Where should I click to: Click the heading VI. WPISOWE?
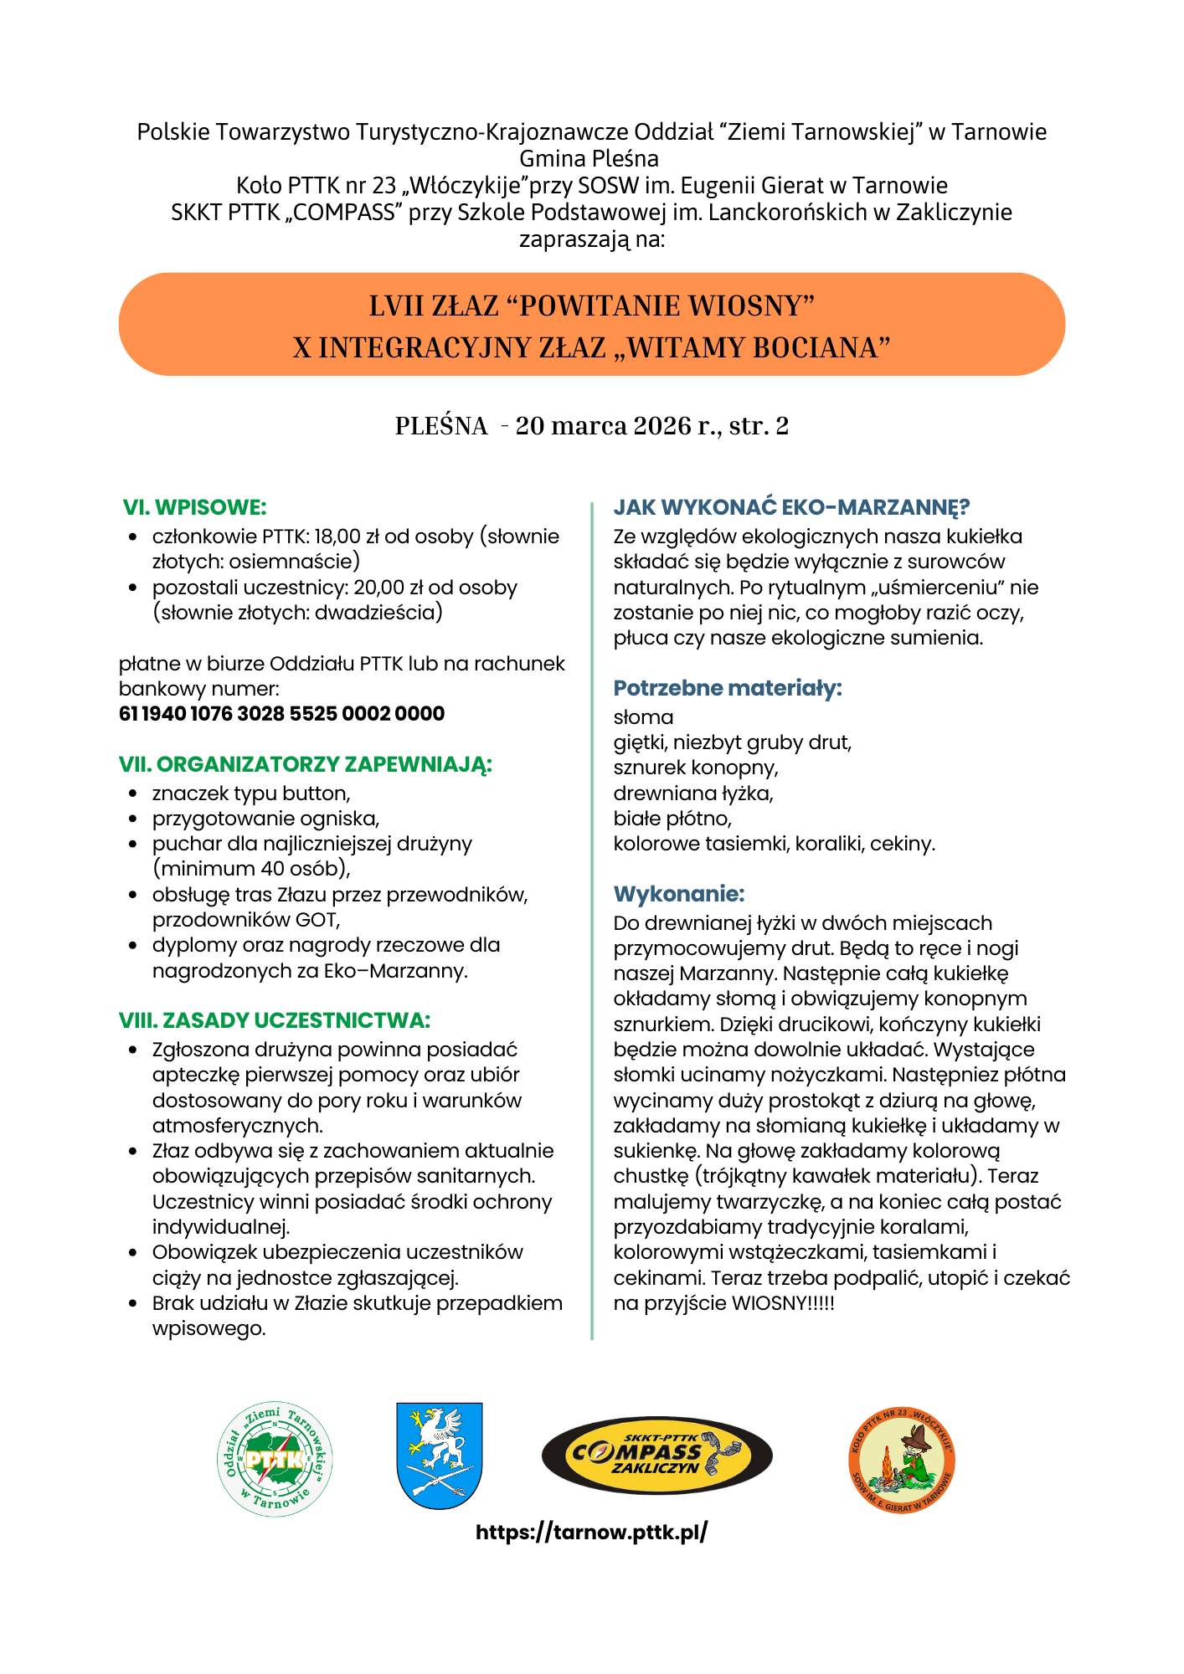(194, 507)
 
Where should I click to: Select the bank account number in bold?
(281, 714)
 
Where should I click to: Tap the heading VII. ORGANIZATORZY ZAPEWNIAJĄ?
(306, 764)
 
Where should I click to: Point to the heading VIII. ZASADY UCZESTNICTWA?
(275, 1020)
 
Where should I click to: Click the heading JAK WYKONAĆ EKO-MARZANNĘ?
(791, 507)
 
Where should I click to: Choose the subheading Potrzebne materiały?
(728, 688)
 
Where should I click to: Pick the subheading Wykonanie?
(679, 894)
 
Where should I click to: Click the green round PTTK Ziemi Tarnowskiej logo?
(275, 1460)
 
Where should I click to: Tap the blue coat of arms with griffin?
(439, 1456)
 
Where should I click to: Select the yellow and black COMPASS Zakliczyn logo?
(656, 1456)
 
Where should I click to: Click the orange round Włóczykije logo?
(902, 1460)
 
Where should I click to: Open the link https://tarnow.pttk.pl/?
(591, 1533)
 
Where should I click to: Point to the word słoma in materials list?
(643, 717)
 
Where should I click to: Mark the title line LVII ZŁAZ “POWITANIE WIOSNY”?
(591, 306)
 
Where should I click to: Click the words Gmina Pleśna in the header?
(589, 158)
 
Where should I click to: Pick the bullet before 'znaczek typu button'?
(133, 793)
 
